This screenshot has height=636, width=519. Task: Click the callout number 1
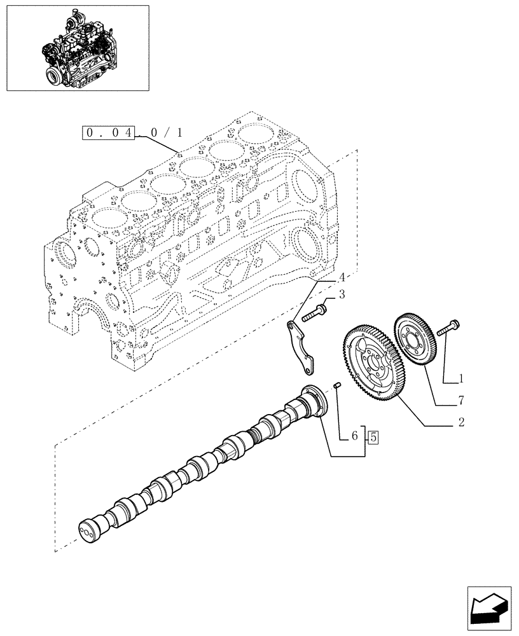pyautogui.click(x=461, y=378)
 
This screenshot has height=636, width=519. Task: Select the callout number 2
pyautogui.click(x=461, y=422)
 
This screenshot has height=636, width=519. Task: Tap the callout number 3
pyautogui.click(x=342, y=294)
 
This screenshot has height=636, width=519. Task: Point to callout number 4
pyautogui.click(x=342, y=277)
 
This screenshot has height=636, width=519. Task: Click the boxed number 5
pyautogui.click(x=373, y=437)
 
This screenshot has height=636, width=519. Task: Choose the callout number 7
pyautogui.click(x=461, y=401)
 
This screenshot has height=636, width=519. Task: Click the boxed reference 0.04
pyautogui.click(x=109, y=133)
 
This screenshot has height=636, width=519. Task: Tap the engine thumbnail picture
pyautogui.click(x=77, y=48)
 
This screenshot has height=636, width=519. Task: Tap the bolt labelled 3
pyautogui.click(x=315, y=313)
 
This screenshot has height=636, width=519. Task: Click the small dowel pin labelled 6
pyautogui.click(x=338, y=385)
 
